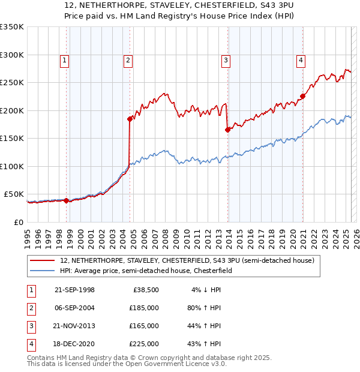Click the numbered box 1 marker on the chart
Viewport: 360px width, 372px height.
pyautogui.click(x=64, y=59)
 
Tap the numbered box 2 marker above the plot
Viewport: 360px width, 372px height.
pyautogui.click(x=128, y=59)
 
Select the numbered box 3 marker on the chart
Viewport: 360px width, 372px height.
pyautogui.click(x=226, y=59)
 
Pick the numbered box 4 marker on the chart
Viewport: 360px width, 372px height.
pyautogui.click(x=300, y=59)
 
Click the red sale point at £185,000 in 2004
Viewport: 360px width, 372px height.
pyautogui.click(x=130, y=119)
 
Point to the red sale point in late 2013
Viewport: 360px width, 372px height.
pyautogui.click(x=227, y=130)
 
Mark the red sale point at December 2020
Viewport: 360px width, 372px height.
pyautogui.click(x=303, y=96)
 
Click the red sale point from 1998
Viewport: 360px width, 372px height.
pyautogui.click(x=66, y=200)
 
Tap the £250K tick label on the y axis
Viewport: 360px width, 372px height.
pyautogui.click(x=12, y=82)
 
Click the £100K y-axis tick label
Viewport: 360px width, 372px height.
pyautogui.click(x=12, y=166)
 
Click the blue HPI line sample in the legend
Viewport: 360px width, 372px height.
pyautogui.click(x=42, y=271)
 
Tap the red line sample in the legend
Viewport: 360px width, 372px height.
pyautogui.click(x=42, y=260)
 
